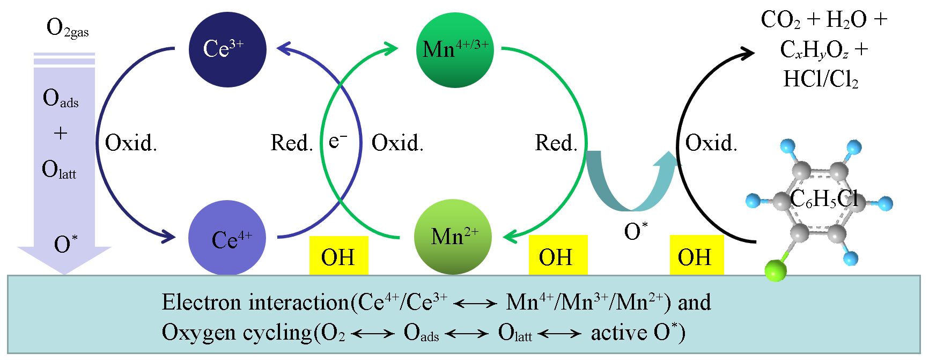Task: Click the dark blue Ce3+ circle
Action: pyautogui.click(x=227, y=49)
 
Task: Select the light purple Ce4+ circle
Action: pyautogui.click(x=227, y=238)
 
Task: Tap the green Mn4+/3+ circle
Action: pyautogui.click(x=455, y=50)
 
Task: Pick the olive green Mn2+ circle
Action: pyautogui.click(x=453, y=237)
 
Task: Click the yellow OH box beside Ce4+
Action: pyautogui.click(x=338, y=256)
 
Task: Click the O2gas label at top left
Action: pyautogui.click(x=67, y=28)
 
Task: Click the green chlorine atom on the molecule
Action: pyautogui.click(x=775, y=270)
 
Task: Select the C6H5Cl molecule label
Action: pyautogui.click(x=824, y=199)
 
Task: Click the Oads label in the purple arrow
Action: pyautogui.click(x=60, y=99)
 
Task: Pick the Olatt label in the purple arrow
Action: pyautogui.click(x=59, y=170)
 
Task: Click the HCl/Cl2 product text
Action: pyautogui.click(x=821, y=79)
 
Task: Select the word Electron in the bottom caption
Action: pyautogui.click(x=201, y=303)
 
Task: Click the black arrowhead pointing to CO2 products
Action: pyautogui.click(x=746, y=53)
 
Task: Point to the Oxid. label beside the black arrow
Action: pyautogui.click(x=711, y=143)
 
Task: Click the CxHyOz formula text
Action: pyautogui.click(x=814, y=50)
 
